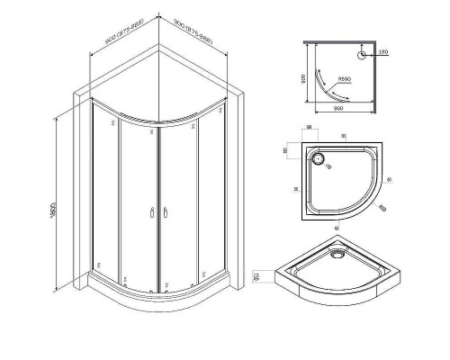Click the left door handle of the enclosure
[x=149, y=213]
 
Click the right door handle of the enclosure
[x=165, y=213]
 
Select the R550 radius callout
[x=343, y=88]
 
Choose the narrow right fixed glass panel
[x=209, y=193]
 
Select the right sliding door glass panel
[x=180, y=202]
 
